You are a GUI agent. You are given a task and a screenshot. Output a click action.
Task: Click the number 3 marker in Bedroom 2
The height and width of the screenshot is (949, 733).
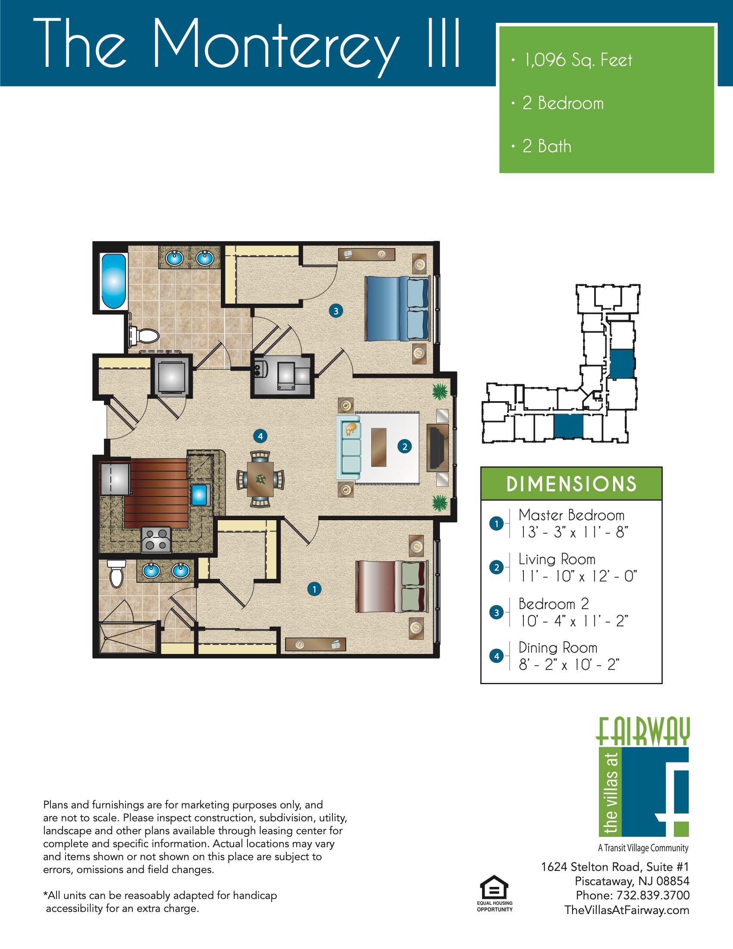pos(335,311)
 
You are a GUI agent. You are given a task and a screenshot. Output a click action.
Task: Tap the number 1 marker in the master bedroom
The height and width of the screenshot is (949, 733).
pos(314,589)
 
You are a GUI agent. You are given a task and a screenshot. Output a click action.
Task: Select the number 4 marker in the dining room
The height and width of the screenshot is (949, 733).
pos(260,436)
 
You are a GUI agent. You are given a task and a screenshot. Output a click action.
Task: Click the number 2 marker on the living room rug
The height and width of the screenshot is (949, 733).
pos(405,446)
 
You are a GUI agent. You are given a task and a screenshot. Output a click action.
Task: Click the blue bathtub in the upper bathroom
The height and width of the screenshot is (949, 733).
pos(113,281)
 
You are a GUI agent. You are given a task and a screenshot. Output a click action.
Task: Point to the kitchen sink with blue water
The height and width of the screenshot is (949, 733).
pos(199,494)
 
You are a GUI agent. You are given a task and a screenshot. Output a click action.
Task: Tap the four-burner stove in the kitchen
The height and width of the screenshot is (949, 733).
pos(157,539)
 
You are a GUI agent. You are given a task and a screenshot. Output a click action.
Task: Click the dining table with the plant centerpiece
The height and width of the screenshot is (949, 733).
pos(260,479)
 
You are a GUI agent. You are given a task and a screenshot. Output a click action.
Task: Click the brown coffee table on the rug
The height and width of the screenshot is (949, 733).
pos(379,447)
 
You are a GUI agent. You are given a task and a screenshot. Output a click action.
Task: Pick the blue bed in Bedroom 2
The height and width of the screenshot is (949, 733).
pos(396,309)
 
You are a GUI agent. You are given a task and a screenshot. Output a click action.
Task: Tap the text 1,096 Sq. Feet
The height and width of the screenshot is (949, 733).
pos(578,60)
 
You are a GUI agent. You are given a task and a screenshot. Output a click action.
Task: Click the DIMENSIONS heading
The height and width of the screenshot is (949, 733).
pos(571,484)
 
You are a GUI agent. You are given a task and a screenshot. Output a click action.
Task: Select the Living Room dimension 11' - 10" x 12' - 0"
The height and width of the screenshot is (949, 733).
pos(578,576)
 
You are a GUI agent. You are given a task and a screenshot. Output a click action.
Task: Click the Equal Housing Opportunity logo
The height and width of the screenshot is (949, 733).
pos(494,893)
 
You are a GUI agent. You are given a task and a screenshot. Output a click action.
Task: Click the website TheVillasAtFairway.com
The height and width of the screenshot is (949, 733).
pos(626,910)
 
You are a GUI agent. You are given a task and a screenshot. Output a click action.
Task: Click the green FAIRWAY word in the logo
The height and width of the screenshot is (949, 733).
pos(643,731)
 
